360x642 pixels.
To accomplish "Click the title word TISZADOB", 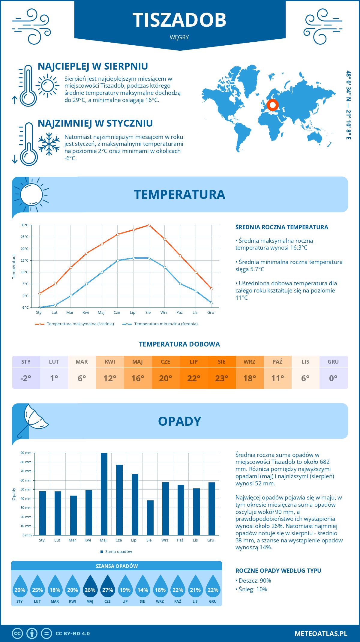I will tap(179, 20).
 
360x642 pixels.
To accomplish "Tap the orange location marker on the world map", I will tap(273, 105).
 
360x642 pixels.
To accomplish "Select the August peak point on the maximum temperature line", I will tap(149, 225).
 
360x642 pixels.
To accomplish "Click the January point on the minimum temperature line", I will tap(40, 307).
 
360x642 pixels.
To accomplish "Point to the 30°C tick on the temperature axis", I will tap(25, 225).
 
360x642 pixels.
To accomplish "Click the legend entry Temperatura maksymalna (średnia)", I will tap(80, 324).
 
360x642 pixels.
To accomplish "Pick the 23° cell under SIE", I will tap(222, 378).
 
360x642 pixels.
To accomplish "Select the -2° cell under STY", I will tap(26, 378).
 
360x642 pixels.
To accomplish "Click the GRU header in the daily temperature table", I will tap(333, 362).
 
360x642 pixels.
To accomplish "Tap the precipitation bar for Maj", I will tap(104, 494).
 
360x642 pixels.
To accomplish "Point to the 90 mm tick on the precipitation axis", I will tap(26, 453).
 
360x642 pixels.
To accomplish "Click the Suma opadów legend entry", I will tap(118, 552).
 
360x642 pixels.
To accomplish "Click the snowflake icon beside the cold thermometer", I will tap(49, 144).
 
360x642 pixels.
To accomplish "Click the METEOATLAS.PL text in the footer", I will tap(321, 634).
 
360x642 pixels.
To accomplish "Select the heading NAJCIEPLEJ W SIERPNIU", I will tap(93, 66).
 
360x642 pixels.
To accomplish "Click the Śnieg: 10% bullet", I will tap(253, 589).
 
